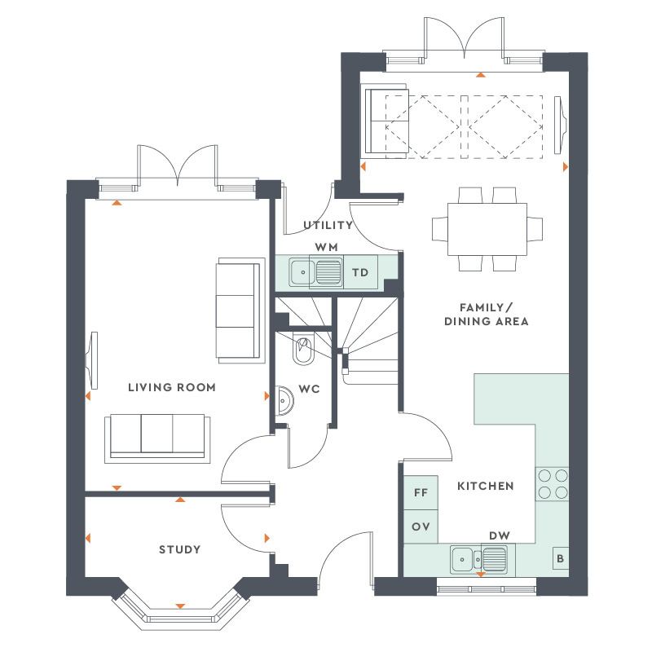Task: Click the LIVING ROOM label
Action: [172, 388]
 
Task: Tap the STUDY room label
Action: [179, 550]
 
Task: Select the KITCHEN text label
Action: [485, 487]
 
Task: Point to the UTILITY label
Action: [328, 226]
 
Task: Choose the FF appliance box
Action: [421, 493]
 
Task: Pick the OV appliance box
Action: [421, 526]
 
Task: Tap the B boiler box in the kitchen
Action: [560, 559]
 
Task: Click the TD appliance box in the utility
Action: [359, 272]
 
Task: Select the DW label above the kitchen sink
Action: [499, 535]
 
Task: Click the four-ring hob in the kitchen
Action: [552, 483]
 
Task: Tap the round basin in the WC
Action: [285, 400]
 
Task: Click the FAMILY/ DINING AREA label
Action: [487, 314]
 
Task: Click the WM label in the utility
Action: [327, 247]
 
